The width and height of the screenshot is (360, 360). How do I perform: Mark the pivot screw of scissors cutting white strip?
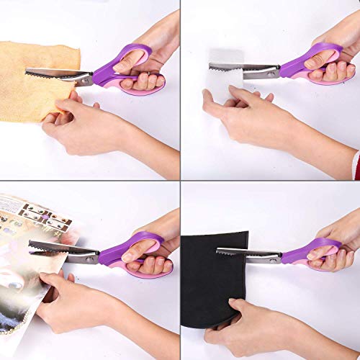pyautogui.click(x=271, y=70)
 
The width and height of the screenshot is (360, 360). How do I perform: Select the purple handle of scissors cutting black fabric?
pyautogui.click(x=317, y=252)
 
